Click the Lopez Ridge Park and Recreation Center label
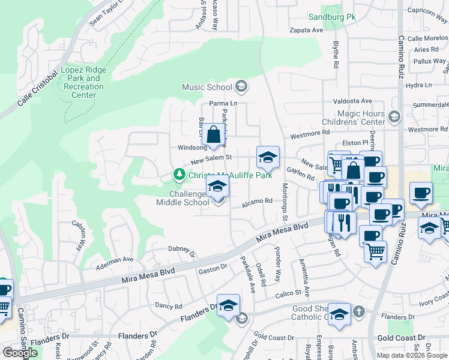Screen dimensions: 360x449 pos(83,83)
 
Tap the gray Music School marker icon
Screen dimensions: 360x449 pos(241,88)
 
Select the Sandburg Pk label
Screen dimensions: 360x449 pos(332,16)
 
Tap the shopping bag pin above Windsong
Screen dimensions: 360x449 pos(214,136)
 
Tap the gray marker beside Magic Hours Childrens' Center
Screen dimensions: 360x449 pos(394,116)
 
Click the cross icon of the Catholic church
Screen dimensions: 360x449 pos(358,311)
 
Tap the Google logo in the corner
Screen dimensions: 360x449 pos(20,353)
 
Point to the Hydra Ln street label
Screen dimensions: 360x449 pos(419,85)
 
